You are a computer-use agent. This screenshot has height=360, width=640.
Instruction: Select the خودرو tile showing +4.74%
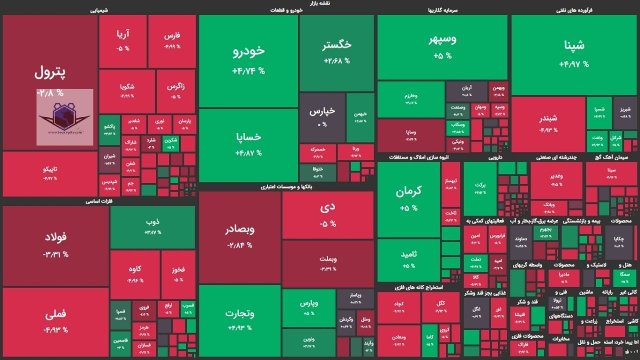tap(248, 60)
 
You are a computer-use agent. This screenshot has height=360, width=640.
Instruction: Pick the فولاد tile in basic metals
tap(55, 245)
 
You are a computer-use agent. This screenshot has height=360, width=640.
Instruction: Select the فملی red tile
tap(55, 320)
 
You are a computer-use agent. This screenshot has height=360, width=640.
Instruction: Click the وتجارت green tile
tap(240, 320)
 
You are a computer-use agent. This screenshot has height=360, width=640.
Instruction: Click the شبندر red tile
tap(548, 123)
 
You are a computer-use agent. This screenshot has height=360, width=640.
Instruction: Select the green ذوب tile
tap(152, 226)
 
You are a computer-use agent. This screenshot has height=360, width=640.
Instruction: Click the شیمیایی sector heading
tap(99, 10)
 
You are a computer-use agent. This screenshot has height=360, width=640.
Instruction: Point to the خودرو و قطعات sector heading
tap(286, 10)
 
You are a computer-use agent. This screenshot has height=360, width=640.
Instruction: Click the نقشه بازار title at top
tap(320, 3)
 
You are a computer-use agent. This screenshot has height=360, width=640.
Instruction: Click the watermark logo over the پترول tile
tap(64, 117)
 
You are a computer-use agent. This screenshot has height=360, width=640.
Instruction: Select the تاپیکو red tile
tap(50, 173)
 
